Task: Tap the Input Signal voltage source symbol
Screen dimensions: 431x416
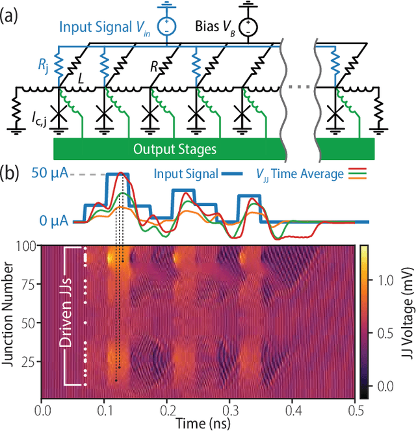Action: coord(166,28)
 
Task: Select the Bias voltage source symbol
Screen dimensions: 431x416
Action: coord(247,28)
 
